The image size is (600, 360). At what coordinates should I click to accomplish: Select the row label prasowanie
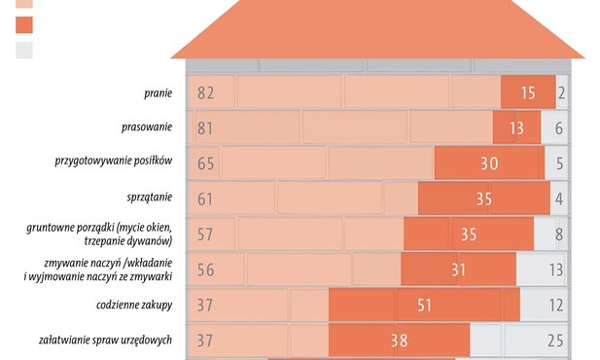147,127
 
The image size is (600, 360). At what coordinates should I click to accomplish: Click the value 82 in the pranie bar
205,93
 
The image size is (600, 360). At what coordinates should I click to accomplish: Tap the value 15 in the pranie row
527,93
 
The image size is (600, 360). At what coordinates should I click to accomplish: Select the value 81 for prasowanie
205,127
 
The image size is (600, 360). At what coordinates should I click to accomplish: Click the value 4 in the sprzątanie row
559,198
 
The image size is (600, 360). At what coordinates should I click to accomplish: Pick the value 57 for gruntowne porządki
205,234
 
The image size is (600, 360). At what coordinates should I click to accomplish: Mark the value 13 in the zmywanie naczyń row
554,270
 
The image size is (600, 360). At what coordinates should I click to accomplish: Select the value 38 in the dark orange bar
399,340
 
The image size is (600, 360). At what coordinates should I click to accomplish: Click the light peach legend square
24,5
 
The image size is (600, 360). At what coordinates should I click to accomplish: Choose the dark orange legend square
24,25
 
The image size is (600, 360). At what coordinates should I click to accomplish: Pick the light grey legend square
24,50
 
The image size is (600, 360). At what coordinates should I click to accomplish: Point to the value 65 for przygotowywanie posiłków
205,163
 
